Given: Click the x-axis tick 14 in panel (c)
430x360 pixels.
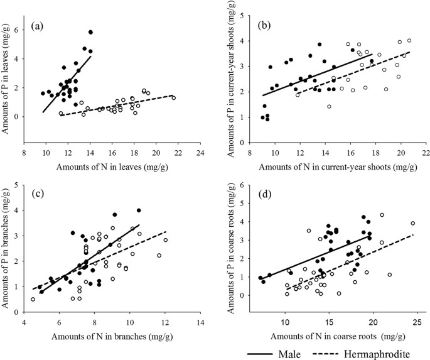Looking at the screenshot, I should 200,324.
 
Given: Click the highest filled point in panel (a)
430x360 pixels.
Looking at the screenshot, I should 90,32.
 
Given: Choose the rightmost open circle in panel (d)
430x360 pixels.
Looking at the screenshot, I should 413,223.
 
